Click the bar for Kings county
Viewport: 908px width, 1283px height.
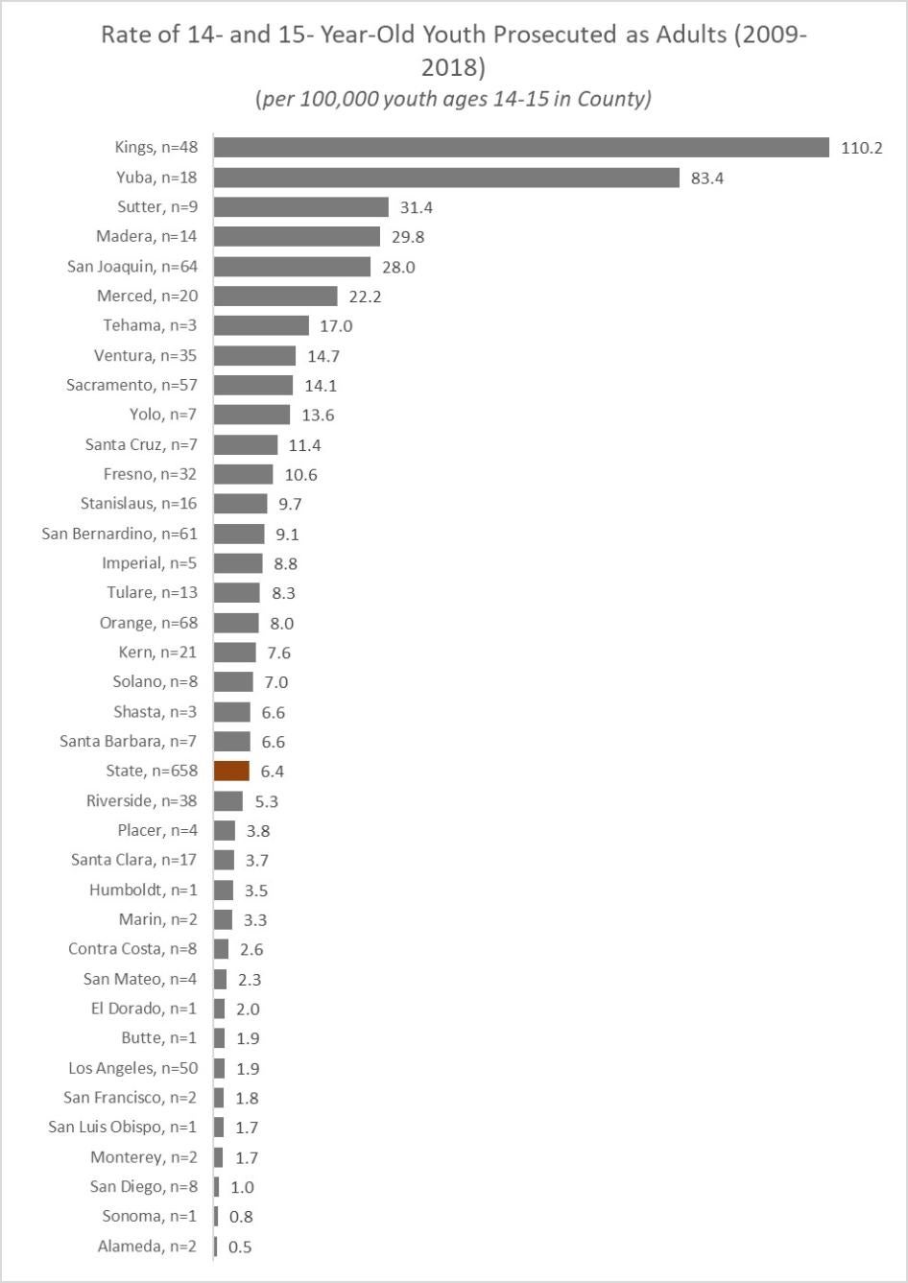pyautogui.click(x=521, y=147)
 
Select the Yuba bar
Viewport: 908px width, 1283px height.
pyautogui.click(x=446, y=178)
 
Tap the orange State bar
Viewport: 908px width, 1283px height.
pyautogui.click(x=231, y=771)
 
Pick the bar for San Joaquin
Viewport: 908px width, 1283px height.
pyautogui.click(x=292, y=266)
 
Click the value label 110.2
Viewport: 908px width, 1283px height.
pyautogui.click(x=861, y=148)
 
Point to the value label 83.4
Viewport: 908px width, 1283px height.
pyautogui.click(x=706, y=178)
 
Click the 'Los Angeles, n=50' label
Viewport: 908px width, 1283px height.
pyautogui.click(x=132, y=1068)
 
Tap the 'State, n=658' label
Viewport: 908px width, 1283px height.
pyautogui.click(x=152, y=771)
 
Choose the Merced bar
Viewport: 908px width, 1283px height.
pyautogui.click(x=275, y=296)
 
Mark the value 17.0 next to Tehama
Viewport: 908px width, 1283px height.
pyautogui.click(x=336, y=325)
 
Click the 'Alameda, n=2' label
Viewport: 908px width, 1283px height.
pyautogui.click(x=147, y=1247)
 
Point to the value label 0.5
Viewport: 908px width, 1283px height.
pyautogui.click(x=240, y=1247)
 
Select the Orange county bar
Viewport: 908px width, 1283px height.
pyautogui.click(x=236, y=623)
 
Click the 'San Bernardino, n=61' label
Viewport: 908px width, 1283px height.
pyautogui.click(x=119, y=534)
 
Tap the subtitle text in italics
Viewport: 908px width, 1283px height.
pyautogui.click(x=453, y=99)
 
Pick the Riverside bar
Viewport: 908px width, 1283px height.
pyautogui.click(x=228, y=800)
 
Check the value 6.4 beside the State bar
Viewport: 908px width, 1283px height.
pyautogui.click(x=272, y=771)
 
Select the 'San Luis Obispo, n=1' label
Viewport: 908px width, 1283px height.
pyautogui.click(x=123, y=1128)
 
